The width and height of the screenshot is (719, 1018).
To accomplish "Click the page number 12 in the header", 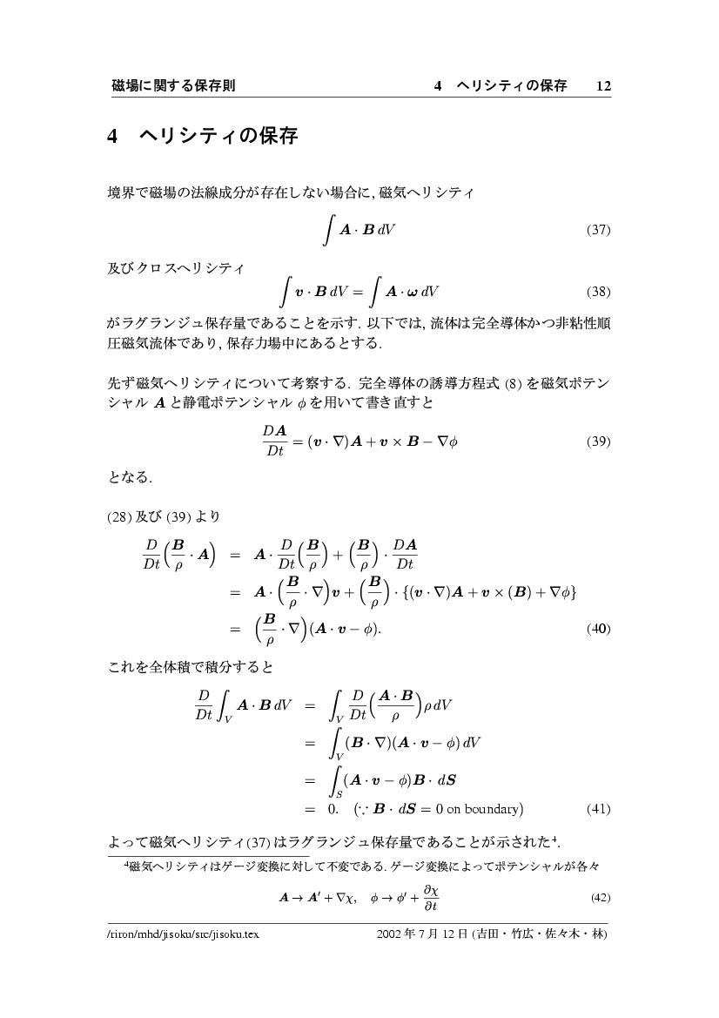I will [x=603, y=85].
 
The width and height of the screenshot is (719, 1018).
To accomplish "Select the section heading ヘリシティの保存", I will [x=218, y=137].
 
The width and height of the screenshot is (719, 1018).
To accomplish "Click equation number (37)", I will [x=599, y=231].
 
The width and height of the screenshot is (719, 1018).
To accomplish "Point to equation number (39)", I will [x=599, y=441].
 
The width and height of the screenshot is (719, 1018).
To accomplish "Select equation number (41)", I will [x=599, y=808].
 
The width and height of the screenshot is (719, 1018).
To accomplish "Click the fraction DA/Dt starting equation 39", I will [x=275, y=441].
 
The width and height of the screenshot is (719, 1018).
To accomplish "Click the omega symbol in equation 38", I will [x=408, y=292].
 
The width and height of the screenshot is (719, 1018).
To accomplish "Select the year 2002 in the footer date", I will [x=392, y=934].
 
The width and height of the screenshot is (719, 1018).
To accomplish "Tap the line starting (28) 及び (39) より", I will [x=163, y=516].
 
